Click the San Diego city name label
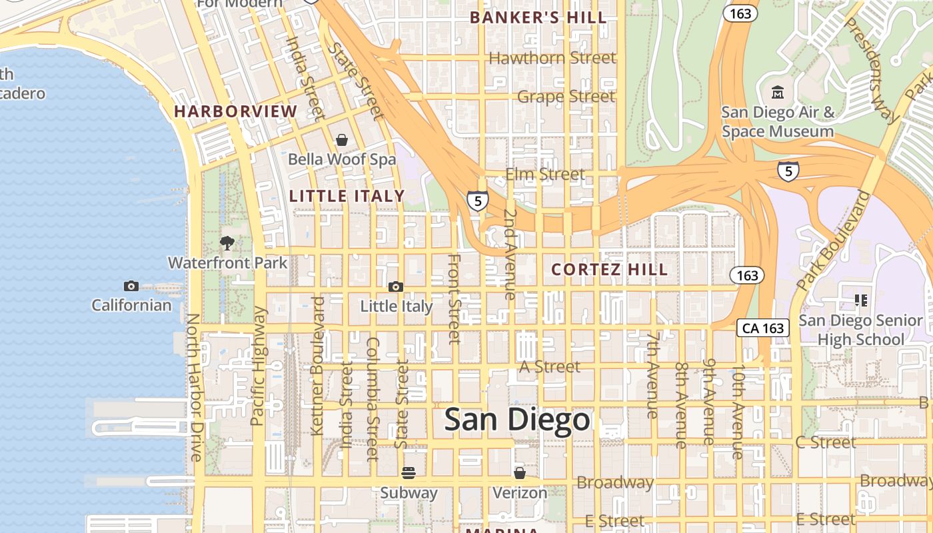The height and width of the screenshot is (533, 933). coord(517,420)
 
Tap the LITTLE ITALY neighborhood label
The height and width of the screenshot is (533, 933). coord(347,196)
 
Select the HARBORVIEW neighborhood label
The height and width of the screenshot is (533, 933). coord(236,111)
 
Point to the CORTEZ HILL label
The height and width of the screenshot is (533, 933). coord(610,269)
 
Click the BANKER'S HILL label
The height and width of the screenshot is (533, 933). coord(538,18)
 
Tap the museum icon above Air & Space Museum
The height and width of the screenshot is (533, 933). coord(777,92)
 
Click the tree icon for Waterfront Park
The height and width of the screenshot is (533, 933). coord(227,243)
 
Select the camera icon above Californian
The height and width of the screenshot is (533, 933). coord(131,286)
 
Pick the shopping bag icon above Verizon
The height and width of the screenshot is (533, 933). coord(519,473)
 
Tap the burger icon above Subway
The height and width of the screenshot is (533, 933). coord(409,473)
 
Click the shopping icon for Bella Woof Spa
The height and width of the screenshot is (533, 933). coord(342,140)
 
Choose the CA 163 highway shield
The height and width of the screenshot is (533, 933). coord(763,328)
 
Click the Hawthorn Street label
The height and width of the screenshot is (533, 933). coord(552,58)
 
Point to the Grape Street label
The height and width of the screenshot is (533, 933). coord(566,97)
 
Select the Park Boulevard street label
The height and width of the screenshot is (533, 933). coord(833,240)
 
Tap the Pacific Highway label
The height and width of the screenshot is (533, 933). coord(259,366)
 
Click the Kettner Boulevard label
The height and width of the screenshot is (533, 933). coord(318,366)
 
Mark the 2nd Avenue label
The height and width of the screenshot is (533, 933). coord(510,255)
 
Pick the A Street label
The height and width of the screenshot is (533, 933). coord(550,366)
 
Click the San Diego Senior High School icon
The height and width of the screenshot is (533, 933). coord(860,300)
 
